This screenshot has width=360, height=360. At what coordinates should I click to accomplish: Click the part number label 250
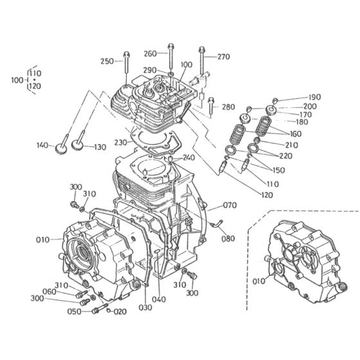(107, 61)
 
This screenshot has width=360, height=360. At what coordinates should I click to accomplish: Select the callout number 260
(150, 53)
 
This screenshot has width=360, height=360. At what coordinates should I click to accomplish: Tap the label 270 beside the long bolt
(224, 57)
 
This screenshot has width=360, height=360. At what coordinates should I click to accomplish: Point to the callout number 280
(228, 107)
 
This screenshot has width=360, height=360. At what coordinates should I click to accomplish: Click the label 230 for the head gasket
(121, 143)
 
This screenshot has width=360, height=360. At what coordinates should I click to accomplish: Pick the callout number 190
(314, 97)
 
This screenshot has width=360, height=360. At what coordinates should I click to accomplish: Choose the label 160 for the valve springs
(296, 134)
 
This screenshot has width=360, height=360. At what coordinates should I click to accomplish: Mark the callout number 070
(230, 205)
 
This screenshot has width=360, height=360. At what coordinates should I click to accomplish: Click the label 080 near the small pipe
(228, 239)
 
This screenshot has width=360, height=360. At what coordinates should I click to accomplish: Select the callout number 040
(159, 300)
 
